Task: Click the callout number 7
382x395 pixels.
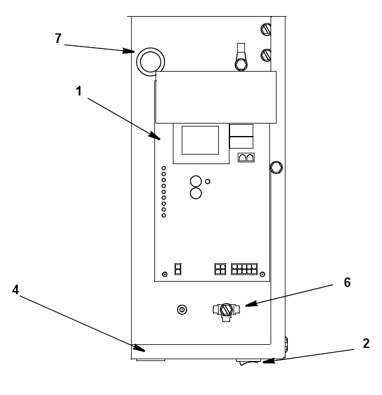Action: pyautogui.click(x=58, y=39)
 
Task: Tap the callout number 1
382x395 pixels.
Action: pyautogui.click(x=79, y=91)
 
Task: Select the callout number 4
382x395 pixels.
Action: pyautogui.click(x=15, y=290)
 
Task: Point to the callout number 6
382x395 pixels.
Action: pyautogui.click(x=347, y=282)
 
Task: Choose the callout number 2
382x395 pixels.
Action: pyautogui.click(x=366, y=343)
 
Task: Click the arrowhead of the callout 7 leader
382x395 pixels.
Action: pyautogui.click(x=129, y=51)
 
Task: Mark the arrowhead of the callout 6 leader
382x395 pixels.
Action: pyautogui.click(x=251, y=304)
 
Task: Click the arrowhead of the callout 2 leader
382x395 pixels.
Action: pyautogui.click(x=269, y=361)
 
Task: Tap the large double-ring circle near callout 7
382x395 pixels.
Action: pyautogui.click(x=151, y=61)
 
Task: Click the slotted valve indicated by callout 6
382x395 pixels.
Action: pyautogui.click(x=226, y=312)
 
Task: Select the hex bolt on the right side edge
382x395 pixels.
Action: pyautogui.click(x=277, y=168)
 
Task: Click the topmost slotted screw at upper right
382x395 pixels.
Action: pyautogui.click(x=266, y=29)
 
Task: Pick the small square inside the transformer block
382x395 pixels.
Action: pyautogui.click(x=200, y=140)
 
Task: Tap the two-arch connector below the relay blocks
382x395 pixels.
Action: pyautogui.click(x=246, y=158)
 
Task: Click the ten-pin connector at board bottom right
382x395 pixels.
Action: pyautogui.click(x=244, y=269)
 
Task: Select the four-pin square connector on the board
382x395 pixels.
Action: pyautogui.click(x=220, y=269)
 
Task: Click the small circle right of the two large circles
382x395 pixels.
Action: pyautogui.click(x=207, y=181)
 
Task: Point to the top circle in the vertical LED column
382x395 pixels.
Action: pyautogui.click(x=163, y=168)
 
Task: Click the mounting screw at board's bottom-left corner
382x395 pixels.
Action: pyautogui.click(x=165, y=274)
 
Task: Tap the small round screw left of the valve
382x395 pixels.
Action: pyautogui.click(x=182, y=310)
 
